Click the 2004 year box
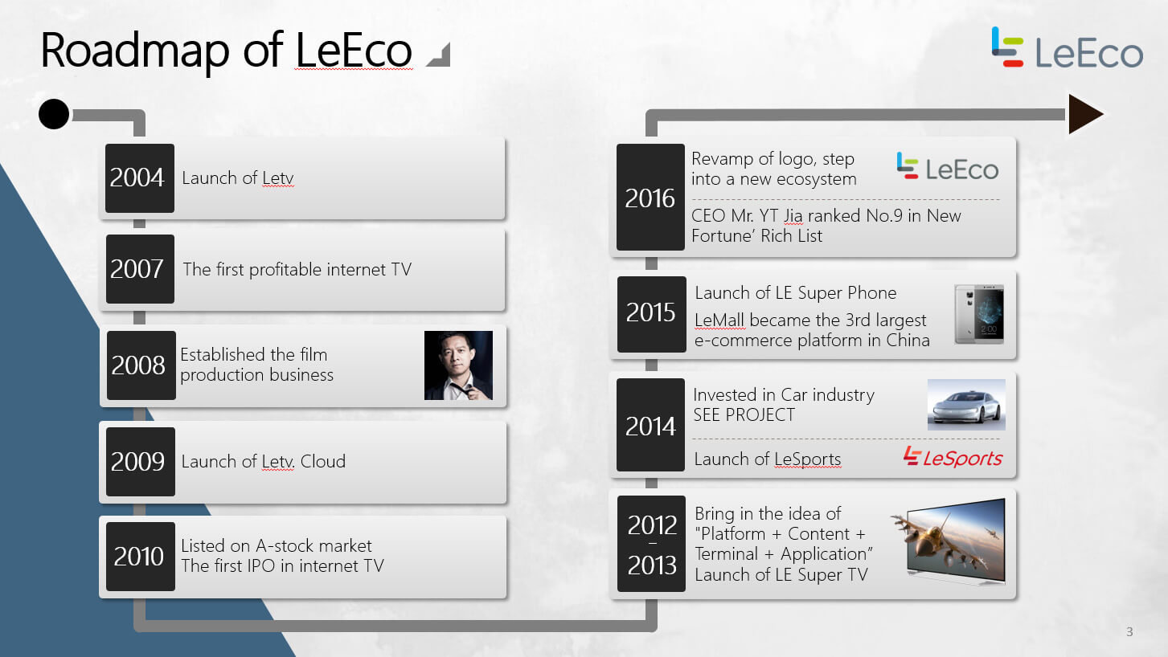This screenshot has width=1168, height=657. (x=140, y=178)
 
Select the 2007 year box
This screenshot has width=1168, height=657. (x=140, y=269)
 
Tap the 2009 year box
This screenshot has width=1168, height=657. (x=141, y=462)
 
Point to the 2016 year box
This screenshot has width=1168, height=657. (x=650, y=197)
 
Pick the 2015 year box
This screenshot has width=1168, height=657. (x=652, y=314)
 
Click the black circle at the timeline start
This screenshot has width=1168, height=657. (x=54, y=114)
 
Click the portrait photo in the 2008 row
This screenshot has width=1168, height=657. (x=458, y=365)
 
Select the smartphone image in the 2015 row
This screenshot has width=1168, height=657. (x=979, y=314)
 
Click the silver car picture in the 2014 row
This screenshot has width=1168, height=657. (x=966, y=404)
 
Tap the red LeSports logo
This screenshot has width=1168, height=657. (x=953, y=457)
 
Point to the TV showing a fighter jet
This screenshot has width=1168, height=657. (x=949, y=541)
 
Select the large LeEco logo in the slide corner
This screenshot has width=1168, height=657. (x=1067, y=48)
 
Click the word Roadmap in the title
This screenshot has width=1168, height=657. (x=134, y=51)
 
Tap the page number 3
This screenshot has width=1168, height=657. (x=1129, y=632)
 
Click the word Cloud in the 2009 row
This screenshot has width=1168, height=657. (x=323, y=461)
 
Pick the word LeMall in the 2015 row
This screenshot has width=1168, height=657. (x=719, y=320)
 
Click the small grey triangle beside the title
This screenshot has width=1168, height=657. (x=441, y=57)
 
